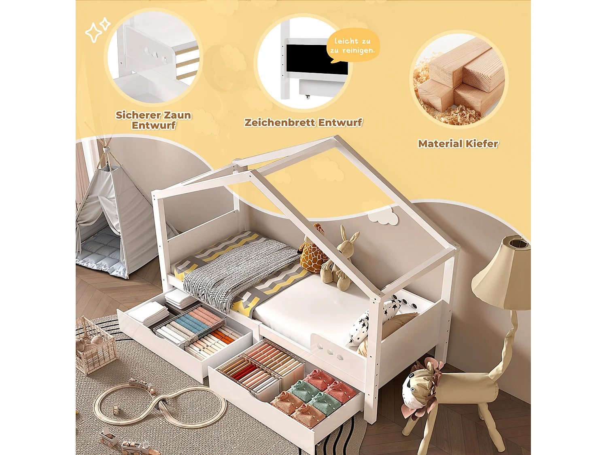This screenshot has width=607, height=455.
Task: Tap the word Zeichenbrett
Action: (280, 123)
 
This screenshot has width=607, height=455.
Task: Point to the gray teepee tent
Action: (116, 218)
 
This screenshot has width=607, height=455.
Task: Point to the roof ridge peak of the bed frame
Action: (337, 136)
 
